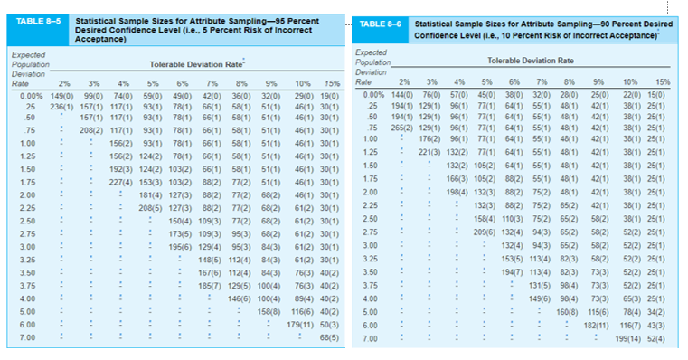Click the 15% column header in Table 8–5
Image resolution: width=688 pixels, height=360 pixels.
point(332,83)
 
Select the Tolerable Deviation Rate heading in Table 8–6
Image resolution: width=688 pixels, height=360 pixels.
point(530,59)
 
